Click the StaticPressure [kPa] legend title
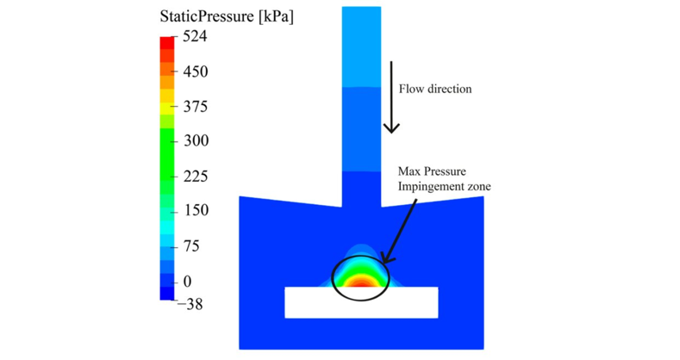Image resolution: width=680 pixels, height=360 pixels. click(227, 16)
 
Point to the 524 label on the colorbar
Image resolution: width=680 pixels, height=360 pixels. click(195, 36)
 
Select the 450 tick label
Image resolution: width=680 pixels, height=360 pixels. click(195, 71)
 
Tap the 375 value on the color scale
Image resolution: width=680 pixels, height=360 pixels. click(195, 107)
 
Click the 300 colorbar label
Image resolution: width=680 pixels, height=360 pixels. click(196, 140)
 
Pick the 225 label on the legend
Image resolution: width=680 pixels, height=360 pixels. click(196, 177)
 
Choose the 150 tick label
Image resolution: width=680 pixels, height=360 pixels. click(196, 210)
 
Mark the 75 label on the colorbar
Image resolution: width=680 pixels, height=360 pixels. click(191, 246)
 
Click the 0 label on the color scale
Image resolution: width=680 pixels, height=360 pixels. click(187, 282)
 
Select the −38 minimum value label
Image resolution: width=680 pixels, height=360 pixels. click(190, 304)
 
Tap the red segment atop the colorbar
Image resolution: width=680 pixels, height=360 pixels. click(167, 43)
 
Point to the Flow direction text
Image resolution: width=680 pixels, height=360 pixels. click(435, 90)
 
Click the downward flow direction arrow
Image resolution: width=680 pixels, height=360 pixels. click(391, 97)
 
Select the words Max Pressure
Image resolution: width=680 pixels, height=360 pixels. click(432, 171)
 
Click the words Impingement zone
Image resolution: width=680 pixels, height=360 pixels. click(445, 187)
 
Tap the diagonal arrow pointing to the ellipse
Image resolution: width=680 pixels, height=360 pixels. click(399, 231)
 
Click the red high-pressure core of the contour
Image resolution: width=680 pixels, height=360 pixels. click(360, 283)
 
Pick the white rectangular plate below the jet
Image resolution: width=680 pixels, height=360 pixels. click(361, 302)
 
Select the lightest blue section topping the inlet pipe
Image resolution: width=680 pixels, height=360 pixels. click(361, 47)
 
